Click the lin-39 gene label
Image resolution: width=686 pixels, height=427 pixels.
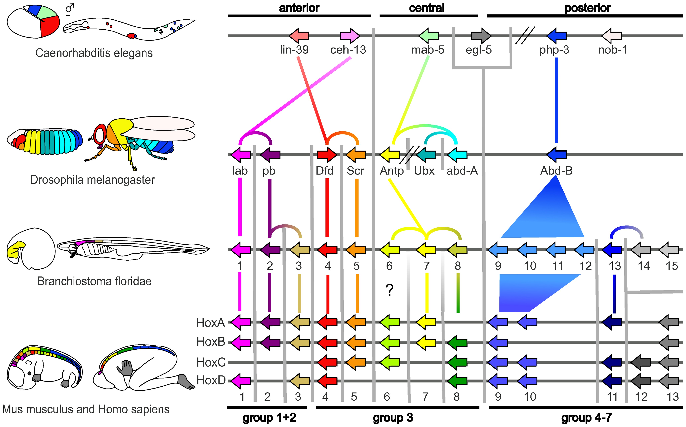click(x=294, y=50)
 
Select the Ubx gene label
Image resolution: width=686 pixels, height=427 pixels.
click(x=424, y=171)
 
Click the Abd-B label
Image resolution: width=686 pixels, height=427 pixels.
click(x=556, y=171)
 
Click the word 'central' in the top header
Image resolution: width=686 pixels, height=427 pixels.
click(x=427, y=8)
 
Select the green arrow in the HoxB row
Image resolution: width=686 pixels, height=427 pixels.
click(x=457, y=343)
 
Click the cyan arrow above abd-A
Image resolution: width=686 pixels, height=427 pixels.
click(x=457, y=154)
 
